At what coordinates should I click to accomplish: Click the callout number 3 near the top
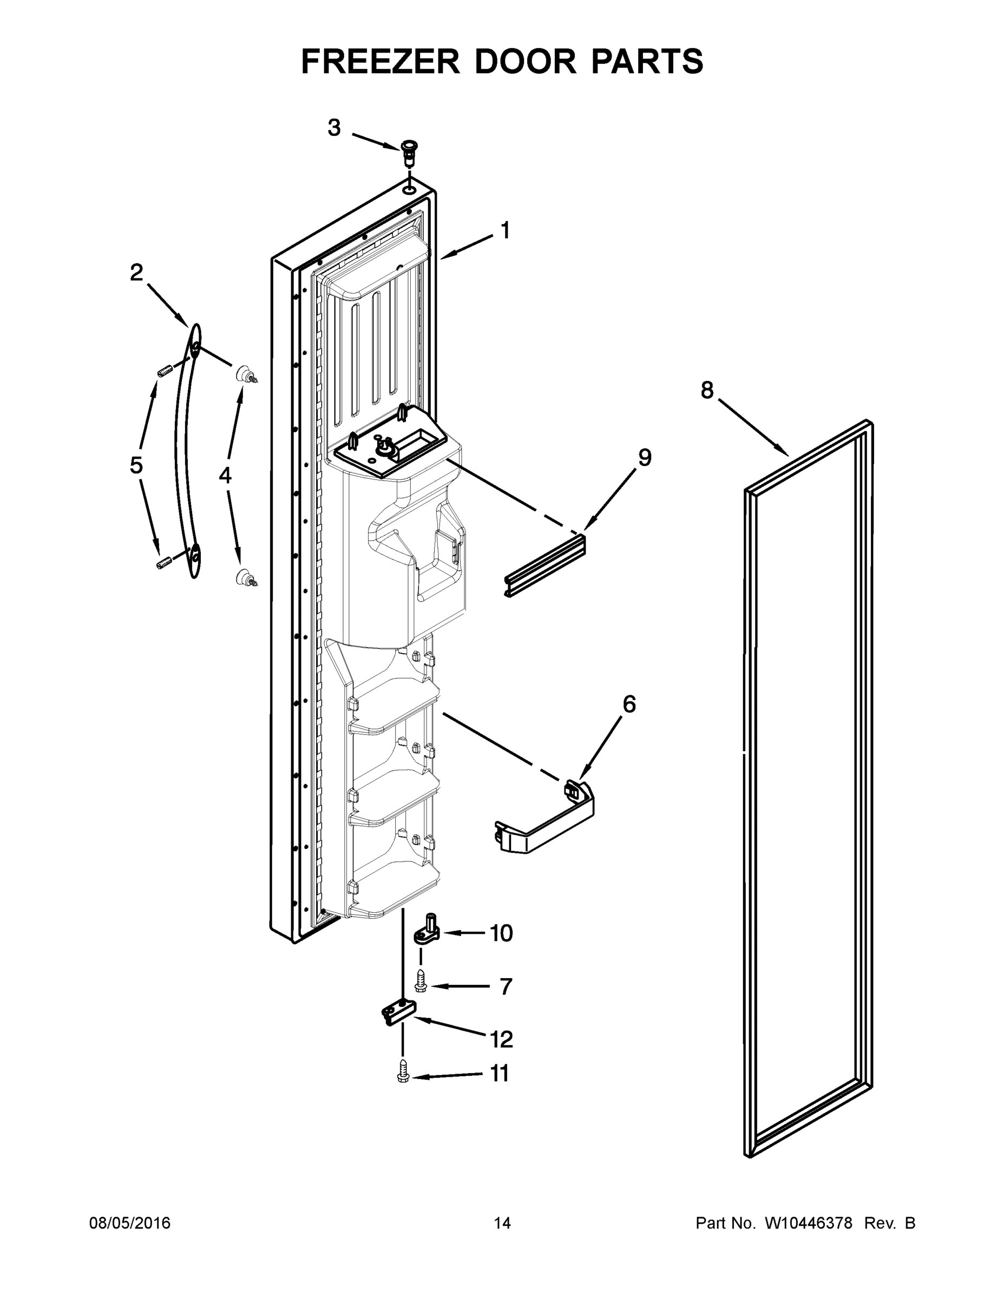point(334,127)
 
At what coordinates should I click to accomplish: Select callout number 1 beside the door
point(505,230)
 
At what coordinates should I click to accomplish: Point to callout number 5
point(136,465)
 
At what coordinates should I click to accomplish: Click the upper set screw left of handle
point(165,371)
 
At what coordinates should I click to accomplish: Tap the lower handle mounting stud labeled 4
point(245,577)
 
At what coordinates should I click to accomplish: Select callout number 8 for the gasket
point(707,391)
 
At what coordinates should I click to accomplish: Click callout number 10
point(501,933)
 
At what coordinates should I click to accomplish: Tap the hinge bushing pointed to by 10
point(426,933)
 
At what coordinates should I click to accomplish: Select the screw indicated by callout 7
point(421,980)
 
